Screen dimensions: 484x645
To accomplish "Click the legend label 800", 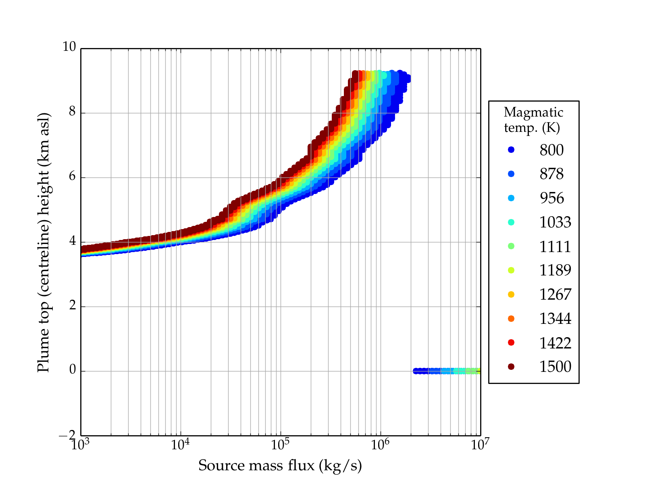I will [551, 150].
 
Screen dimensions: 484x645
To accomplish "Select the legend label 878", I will [551, 174].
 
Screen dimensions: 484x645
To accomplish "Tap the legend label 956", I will [551, 198].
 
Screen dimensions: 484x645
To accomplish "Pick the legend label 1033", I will [555, 222].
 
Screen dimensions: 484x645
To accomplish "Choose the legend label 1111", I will [555, 246].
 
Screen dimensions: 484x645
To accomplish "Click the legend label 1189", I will [555, 270].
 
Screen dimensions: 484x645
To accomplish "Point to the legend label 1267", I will [555, 294].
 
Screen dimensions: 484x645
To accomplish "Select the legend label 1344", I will [555, 319].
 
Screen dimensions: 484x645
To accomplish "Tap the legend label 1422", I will [555, 343].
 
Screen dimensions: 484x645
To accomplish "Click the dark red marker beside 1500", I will [511, 367].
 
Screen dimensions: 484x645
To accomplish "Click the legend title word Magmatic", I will [533, 112].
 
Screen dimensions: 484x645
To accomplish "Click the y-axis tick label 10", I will [69, 47].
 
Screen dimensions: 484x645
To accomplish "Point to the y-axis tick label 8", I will [72, 112].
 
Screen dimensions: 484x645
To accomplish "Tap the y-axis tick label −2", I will [67, 436].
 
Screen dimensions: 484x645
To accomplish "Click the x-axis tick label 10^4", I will [180, 444].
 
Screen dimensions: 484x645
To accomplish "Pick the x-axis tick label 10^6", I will [380, 444].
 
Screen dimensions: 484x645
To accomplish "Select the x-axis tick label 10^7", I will [480, 444].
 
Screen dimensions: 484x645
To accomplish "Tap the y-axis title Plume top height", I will [44, 242].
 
